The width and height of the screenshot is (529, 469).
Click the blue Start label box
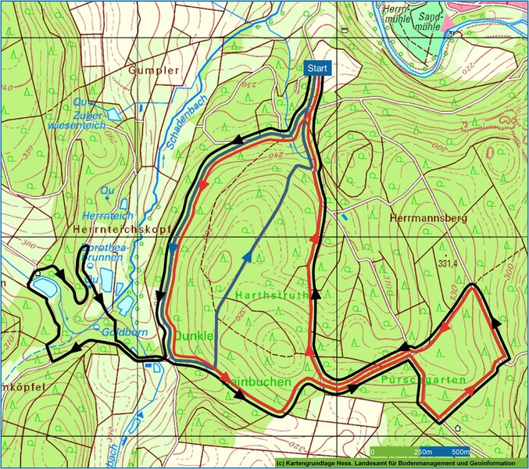[316, 69]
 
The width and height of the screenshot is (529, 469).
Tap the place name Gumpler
[153, 70]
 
